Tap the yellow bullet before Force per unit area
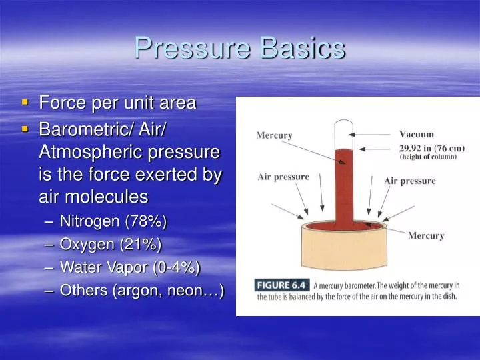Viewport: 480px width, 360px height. tap(25, 102)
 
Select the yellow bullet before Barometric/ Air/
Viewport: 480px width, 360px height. tap(25, 127)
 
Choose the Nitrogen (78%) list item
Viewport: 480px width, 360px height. tap(113, 221)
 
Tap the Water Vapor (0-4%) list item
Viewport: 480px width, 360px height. tap(129, 267)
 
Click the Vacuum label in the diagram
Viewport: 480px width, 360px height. tap(416, 134)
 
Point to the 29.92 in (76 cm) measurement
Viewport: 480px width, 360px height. tap(431, 147)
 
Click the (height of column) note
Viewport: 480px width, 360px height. tap(428, 157)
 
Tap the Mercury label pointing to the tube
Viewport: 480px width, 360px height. tap(274, 135)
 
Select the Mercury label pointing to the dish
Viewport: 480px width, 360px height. tap(425, 235)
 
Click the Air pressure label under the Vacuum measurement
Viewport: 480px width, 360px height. tap(409, 181)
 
